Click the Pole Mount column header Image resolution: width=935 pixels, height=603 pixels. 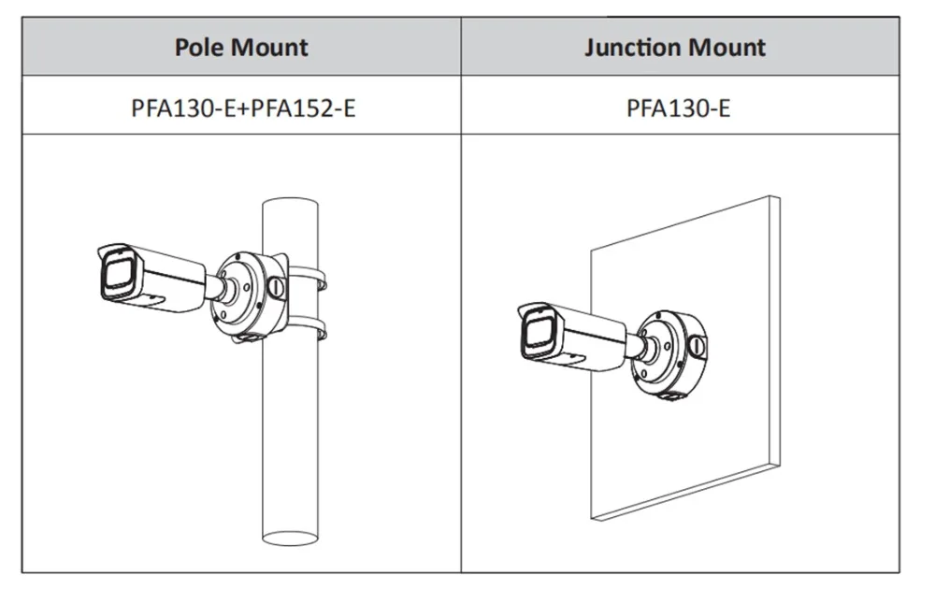241,47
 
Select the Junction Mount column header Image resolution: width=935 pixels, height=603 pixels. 675,47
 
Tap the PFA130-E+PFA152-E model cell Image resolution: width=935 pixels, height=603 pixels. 243,108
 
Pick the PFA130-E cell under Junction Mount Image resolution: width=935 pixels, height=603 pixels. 678,108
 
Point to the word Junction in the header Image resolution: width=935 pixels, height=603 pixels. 633,47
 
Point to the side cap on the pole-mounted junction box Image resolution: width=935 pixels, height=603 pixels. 276,288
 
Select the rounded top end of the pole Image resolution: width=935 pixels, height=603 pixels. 290,204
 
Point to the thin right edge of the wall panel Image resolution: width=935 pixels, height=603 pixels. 774,330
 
